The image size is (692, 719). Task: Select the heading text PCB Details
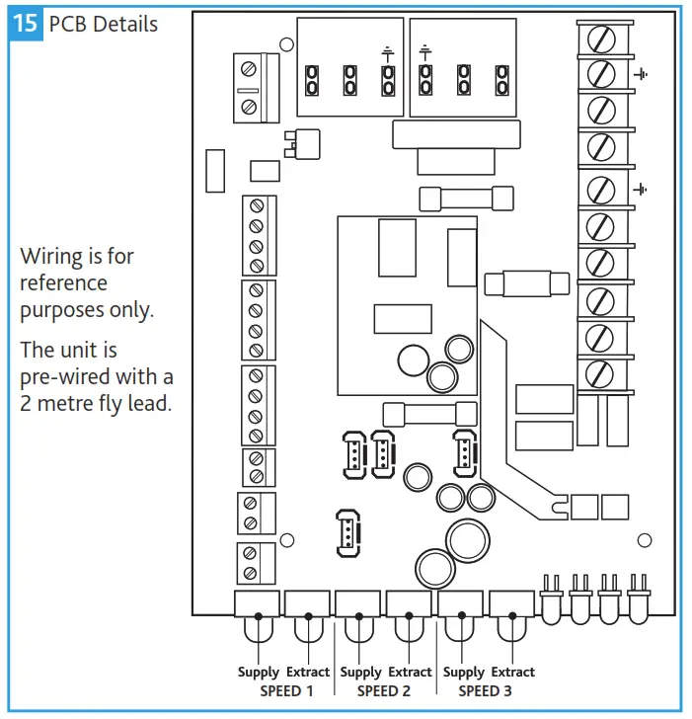[103, 24]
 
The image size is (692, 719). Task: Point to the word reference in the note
[63, 283]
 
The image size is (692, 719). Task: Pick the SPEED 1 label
[286, 691]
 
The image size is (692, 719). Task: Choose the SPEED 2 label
[385, 691]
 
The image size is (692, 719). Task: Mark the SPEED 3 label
[486, 691]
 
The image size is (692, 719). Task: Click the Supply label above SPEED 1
[259, 673]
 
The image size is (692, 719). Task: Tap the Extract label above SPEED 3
[512, 673]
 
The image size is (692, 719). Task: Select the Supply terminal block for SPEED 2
[359, 604]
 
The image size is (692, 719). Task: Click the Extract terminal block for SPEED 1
[308, 604]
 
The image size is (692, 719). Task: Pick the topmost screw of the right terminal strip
[599, 40]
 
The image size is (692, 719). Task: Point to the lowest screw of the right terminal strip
[599, 373]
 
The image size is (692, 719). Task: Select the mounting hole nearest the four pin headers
[645, 540]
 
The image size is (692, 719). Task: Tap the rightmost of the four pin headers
[638, 598]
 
